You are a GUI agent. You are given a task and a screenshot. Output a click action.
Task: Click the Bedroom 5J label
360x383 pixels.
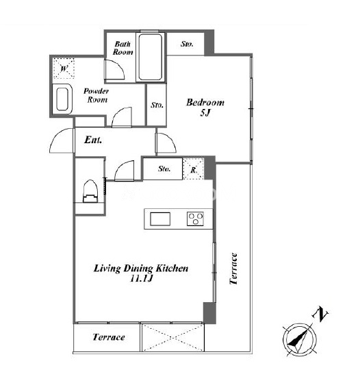pos(205,108)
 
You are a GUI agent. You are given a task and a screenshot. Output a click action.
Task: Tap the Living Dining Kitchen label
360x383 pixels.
pos(141,273)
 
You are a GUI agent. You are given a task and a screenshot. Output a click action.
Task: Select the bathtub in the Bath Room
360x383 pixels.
pos(150,57)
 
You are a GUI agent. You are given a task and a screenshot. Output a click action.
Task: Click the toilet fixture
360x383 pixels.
pos(90,191)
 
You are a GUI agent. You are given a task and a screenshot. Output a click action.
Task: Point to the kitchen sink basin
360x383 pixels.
pos(160,219)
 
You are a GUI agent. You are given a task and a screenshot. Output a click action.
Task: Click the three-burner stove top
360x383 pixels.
pos(195,219)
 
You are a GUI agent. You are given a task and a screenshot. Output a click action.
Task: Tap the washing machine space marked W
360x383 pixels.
pos(64,69)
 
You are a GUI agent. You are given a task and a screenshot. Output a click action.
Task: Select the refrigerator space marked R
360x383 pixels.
pos(193,169)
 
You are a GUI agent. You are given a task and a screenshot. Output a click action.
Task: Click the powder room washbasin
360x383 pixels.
pos(62,99)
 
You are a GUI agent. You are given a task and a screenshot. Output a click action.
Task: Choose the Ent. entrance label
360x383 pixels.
pos(93,140)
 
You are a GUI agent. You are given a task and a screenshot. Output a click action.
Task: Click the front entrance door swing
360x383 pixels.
pos(62,140)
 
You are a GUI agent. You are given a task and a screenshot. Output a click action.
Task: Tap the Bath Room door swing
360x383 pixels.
pos(114,69)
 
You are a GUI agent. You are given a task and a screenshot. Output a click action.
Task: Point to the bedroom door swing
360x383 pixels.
pos(166,143)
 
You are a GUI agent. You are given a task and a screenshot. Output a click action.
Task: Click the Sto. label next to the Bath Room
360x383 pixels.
pos(187,44)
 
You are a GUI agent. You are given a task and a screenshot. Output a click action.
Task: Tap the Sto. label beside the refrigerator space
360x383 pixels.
pos(164,169)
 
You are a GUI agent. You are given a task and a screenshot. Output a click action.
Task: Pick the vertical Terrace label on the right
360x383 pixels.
pos(233,269)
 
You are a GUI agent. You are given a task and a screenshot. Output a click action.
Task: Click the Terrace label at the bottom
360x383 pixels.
pos(109,337)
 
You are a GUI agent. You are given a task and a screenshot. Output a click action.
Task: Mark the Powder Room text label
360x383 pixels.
pos(97,95)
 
